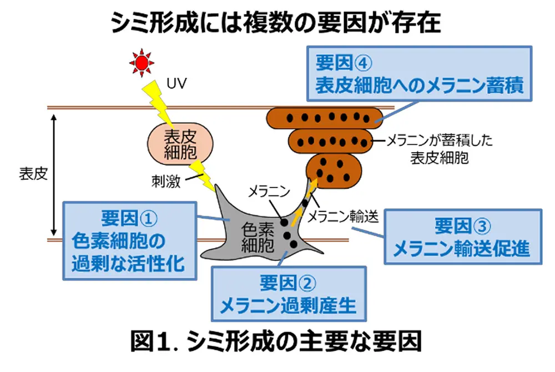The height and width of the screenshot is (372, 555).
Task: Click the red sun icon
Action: point(141,62)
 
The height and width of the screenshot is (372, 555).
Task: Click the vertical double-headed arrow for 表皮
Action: point(54,173)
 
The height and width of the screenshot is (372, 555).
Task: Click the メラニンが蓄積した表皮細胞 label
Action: point(438,149)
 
